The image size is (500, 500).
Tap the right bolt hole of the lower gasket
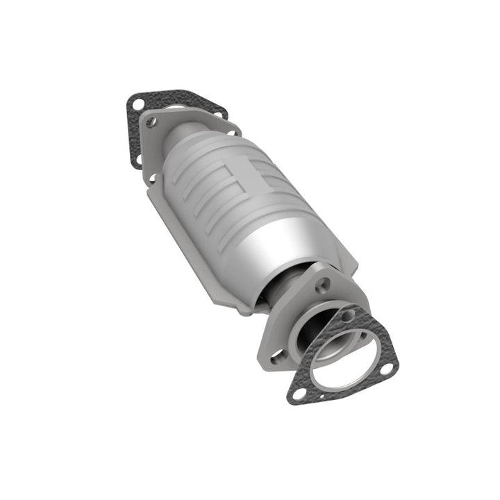(x=386, y=368)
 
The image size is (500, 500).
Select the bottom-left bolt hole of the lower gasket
(x=304, y=394)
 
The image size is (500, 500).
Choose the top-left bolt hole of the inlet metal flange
(x=151, y=122)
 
